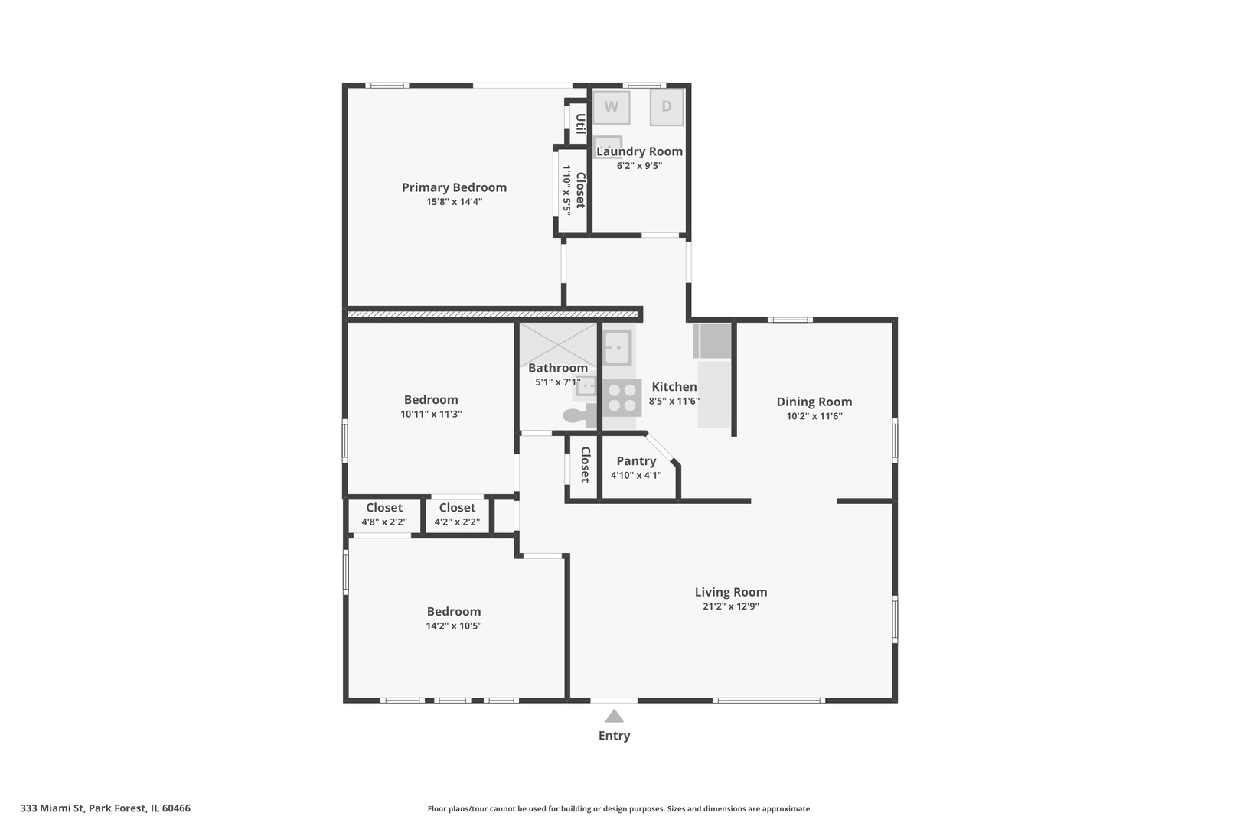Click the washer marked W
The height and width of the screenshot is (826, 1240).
pyautogui.click(x=611, y=107)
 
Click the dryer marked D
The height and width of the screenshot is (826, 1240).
pyautogui.click(x=667, y=107)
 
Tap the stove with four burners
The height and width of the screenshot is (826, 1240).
pyautogui.click(x=622, y=398)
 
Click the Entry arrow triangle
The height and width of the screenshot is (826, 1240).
pyautogui.click(x=614, y=716)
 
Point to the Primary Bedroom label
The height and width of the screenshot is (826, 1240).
pyautogui.click(x=454, y=187)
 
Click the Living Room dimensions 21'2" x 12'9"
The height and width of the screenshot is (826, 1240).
pyautogui.click(x=731, y=606)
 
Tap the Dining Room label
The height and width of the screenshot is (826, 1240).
pyautogui.click(x=814, y=402)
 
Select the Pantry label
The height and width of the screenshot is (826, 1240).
pyautogui.click(x=636, y=461)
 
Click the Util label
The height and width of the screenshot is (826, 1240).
pyautogui.click(x=580, y=124)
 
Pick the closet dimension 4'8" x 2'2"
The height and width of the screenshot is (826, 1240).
pyautogui.click(x=384, y=522)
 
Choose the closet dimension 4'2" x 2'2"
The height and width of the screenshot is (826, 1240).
pyautogui.click(x=457, y=522)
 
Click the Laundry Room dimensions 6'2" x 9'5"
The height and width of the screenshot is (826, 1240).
pyautogui.click(x=639, y=165)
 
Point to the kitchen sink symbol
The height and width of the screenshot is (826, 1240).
pyautogui.click(x=617, y=347)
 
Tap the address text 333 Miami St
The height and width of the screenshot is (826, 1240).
pyautogui.click(x=52, y=808)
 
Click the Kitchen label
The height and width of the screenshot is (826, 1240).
pyautogui.click(x=674, y=387)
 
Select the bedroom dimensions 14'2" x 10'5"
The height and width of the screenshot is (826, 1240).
pyautogui.click(x=454, y=626)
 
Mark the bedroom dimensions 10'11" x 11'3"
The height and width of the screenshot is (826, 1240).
pyautogui.click(x=431, y=414)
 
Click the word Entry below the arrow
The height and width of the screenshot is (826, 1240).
pyautogui.click(x=614, y=736)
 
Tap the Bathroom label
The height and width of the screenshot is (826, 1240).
pyautogui.click(x=558, y=368)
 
